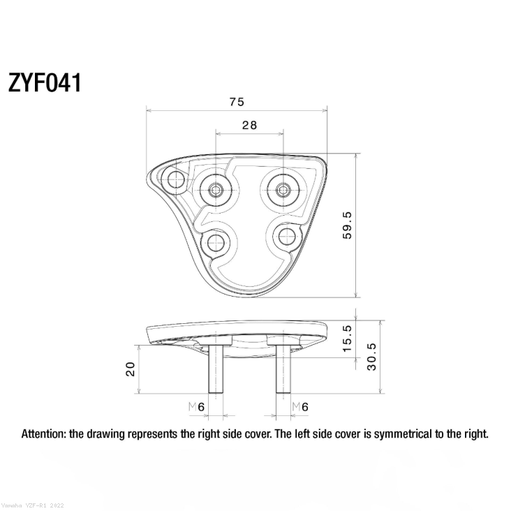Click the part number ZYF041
(45, 82)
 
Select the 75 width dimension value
(236, 102)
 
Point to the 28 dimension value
(249, 126)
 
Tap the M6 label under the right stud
(300, 406)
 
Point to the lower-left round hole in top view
(216, 242)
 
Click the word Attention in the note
(45, 434)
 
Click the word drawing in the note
(105, 434)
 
